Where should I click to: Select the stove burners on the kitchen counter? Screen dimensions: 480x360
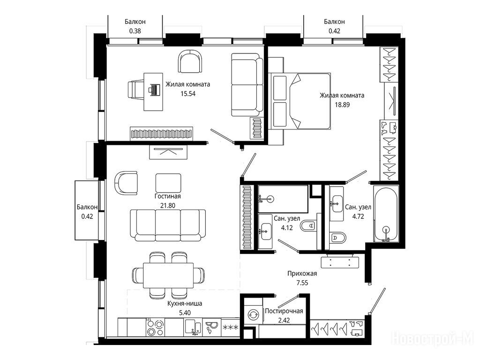click(155, 328)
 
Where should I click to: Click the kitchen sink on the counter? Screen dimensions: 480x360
click(193, 328)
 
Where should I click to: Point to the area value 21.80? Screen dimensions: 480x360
click(168, 205)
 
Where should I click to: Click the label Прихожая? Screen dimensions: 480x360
click(302, 273)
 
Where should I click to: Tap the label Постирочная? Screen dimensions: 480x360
click(284, 311)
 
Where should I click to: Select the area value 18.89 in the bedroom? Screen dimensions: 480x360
click(342, 105)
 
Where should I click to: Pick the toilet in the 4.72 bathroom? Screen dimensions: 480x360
click(338, 237)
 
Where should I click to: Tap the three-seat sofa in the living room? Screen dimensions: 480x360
click(168, 225)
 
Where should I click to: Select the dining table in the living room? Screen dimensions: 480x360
click(168, 275)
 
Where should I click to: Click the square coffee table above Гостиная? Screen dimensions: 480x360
click(168, 183)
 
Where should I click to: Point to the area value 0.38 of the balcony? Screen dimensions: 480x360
click(135, 31)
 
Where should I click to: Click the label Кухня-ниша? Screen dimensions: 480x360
click(185, 304)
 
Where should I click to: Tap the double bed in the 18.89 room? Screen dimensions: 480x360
click(300, 101)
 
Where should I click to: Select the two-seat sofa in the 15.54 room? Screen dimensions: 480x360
click(247, 85)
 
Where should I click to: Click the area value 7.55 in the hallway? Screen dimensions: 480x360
click(302, 283)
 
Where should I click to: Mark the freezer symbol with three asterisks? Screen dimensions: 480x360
click(231, 328)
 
